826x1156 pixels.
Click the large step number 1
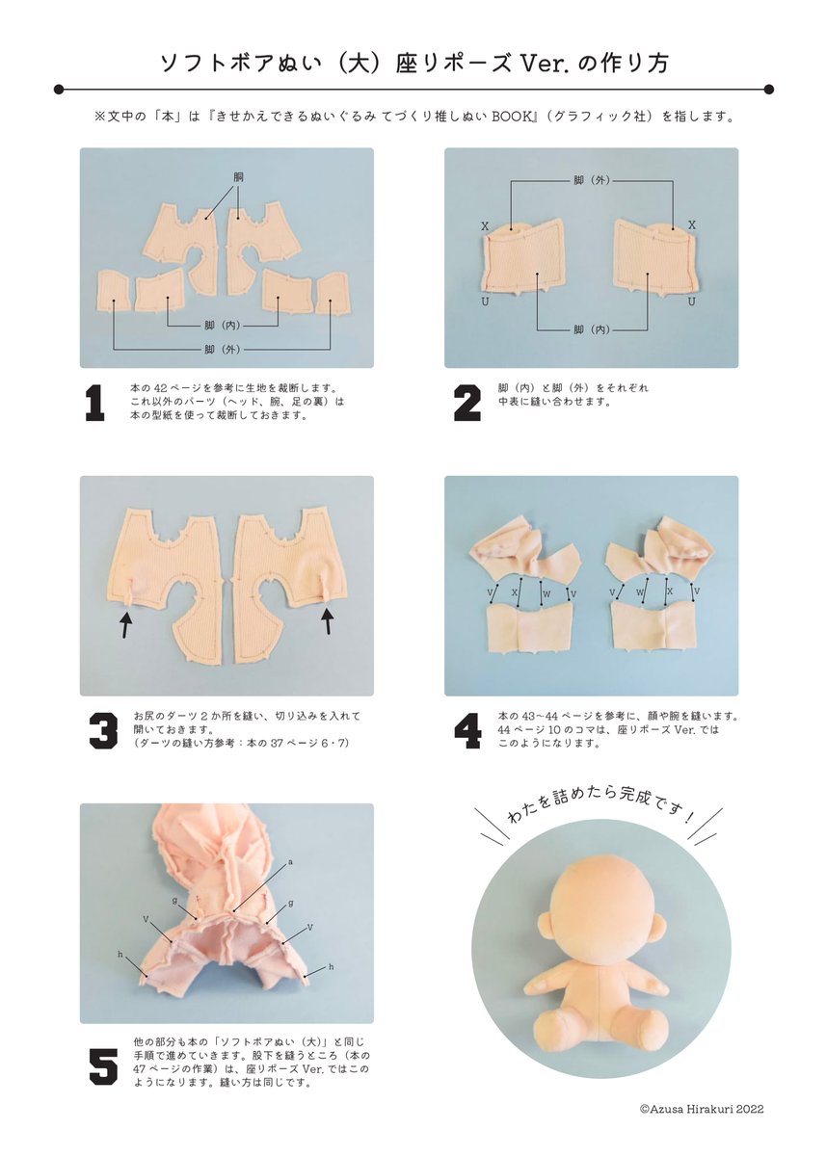point(95,404)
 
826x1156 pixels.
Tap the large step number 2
point(466,404)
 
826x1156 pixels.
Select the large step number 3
point(103,731)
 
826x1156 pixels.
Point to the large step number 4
point(467,731)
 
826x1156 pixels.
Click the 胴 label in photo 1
point(238,177)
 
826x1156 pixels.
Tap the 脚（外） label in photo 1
point(222,350)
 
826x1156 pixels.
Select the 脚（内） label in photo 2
point(592,329)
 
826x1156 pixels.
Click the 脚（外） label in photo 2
point(592,180)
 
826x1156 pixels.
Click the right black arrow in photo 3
point(328,620)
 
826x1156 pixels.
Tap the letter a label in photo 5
point(290,861)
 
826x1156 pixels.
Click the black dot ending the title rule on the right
point(769,90)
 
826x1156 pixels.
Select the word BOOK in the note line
point(511,117)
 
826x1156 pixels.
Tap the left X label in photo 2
point(485,226)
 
